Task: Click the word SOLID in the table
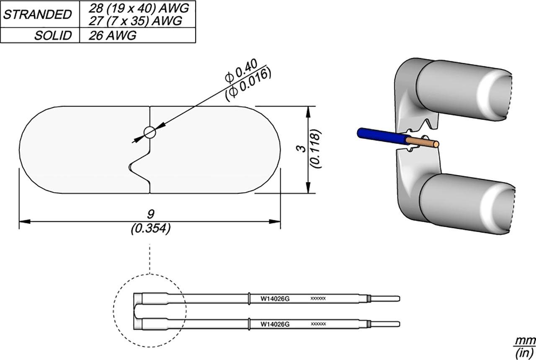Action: [53, 36]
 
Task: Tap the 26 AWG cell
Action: [112, 36]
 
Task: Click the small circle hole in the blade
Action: [149, 132]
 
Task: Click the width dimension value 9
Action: [150, 214]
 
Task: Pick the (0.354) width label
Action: [150, 228]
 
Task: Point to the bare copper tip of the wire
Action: [427, 143]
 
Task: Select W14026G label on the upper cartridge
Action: [275, 299]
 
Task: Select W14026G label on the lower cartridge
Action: [275, 324]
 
